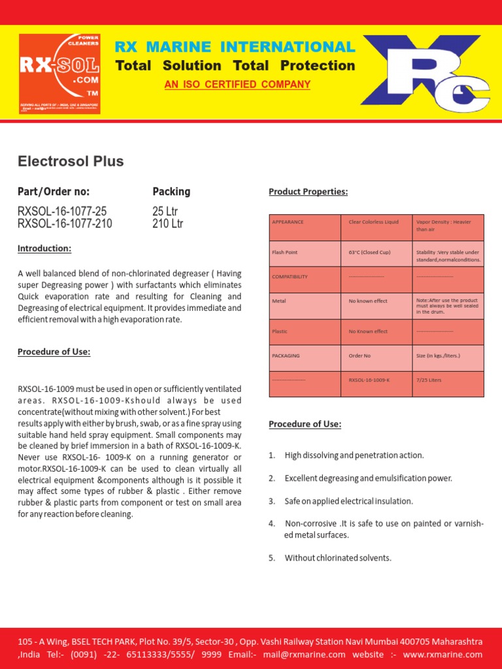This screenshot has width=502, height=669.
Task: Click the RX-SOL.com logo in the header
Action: [x=59, y=73]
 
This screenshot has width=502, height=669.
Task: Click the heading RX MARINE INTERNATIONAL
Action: [x=235, y=47]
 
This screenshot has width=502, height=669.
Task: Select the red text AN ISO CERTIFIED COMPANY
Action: [x=237, y=85]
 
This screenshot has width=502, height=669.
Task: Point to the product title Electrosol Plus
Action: [x=71, y=161]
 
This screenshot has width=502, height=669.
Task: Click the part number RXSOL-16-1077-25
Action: [x=62, y=211]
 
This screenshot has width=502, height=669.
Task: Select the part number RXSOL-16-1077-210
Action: [x=65, y=223]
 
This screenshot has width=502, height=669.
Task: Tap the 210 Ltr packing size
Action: [x=167, y=223]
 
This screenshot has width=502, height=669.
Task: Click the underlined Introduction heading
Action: [x=44, y=248]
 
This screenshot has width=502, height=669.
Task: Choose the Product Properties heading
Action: [x=309, y=191]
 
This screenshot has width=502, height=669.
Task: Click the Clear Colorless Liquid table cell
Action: [x=373, y=222]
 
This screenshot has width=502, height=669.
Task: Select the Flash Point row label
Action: [x=285, y=252]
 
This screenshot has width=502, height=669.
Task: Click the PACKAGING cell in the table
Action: [x=286, y=356]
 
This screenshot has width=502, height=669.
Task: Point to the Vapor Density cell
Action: [x=443, y=225]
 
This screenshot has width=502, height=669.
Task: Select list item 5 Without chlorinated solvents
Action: [x=337, y=558]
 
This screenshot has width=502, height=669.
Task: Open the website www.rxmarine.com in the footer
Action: [x=443, y=655]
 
